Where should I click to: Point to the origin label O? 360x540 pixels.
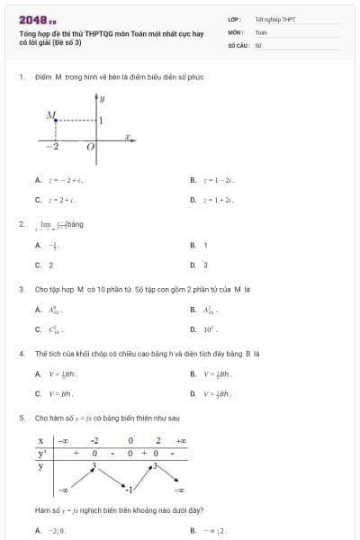point(90,146)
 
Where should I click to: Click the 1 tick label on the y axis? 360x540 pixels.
point(101,120)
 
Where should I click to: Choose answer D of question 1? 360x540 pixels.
point(216,200)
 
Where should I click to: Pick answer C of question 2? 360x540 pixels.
point(44,265)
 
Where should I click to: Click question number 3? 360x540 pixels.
point(21,290)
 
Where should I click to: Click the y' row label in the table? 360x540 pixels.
point(41,453)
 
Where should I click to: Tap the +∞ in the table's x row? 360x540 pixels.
point(180,440)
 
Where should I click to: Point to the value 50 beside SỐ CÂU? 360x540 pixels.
point(258,43)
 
